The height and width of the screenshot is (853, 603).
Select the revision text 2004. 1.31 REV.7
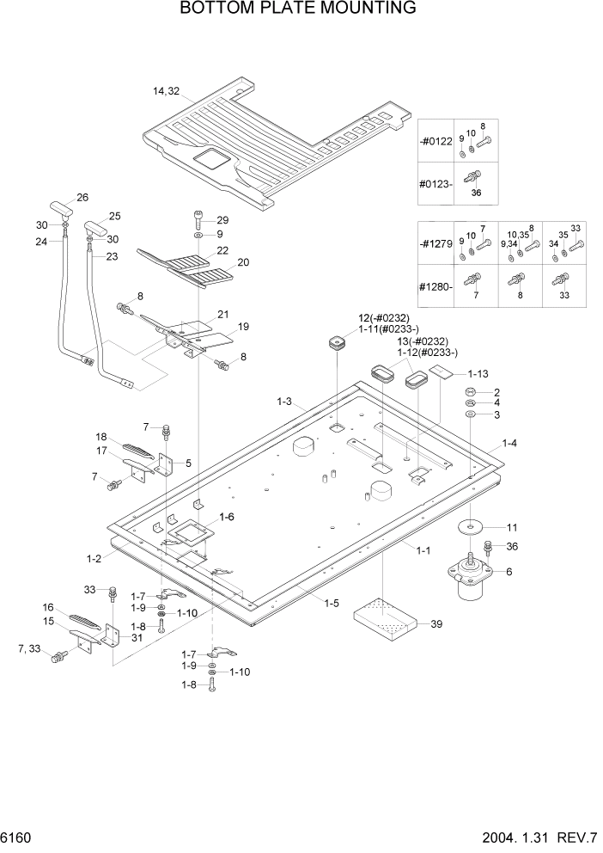(x=533, y=838)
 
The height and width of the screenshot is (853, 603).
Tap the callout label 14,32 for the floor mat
(x=166, y=91)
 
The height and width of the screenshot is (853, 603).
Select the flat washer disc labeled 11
(x=472, y=526)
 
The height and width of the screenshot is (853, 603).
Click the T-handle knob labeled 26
(x=60, y=208)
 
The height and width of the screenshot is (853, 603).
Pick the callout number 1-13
(x=478, y=374)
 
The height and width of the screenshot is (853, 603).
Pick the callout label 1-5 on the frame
(x=331, y=604)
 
